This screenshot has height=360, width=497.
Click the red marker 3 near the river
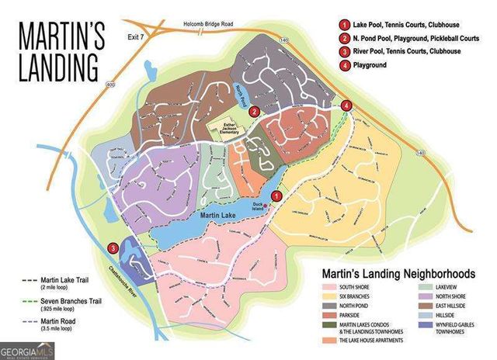[113, 249]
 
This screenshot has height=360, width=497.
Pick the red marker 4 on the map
[346, 105]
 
